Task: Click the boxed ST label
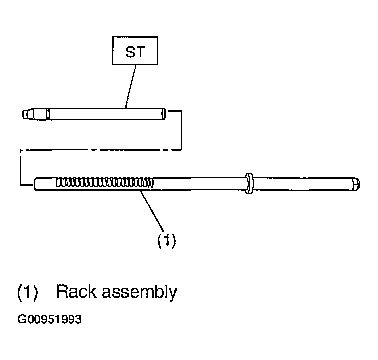pos(135,51)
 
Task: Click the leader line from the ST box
pos(130,86)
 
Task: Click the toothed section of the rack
pos(105,182)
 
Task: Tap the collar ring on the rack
pos(249,183)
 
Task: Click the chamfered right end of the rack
pos(356,184)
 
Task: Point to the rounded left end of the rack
pos(36,184)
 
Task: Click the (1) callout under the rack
pos(167,240)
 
